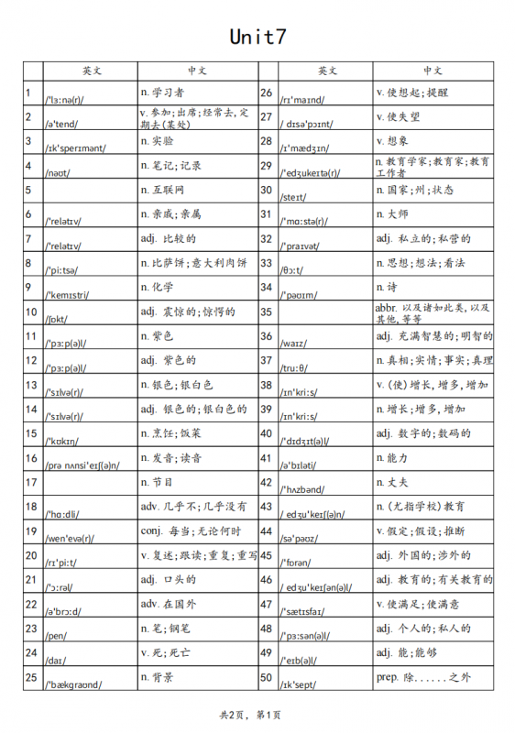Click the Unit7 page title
[x=257, y=37]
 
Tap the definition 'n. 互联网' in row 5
[x=162, y=190]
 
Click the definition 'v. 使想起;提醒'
[x=412, y=93]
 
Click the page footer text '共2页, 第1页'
[x=250, y=714]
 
